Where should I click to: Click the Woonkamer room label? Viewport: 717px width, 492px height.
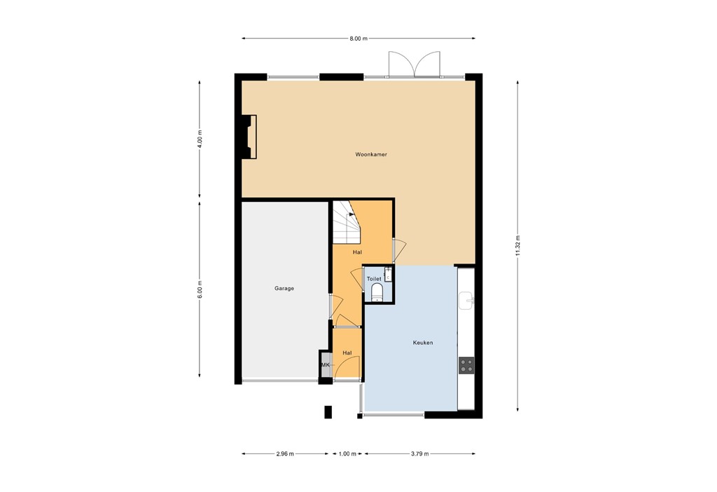point(370,155)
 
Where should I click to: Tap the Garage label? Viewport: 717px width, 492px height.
point(284,288)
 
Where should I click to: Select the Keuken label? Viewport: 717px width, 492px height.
point(422,343)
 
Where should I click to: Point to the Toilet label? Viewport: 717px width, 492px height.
point(373,279)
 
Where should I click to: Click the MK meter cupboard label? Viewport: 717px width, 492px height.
point(325,365)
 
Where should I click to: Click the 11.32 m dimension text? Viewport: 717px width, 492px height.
point(518,246)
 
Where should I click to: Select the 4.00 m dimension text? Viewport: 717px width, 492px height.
point(200,138)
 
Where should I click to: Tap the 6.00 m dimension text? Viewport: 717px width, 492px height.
point(200,288)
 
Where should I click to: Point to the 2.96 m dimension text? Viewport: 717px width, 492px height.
point(285,454)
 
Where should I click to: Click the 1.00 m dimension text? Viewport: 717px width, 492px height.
point(347,454)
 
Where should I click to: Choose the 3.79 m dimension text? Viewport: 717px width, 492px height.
point(420,454)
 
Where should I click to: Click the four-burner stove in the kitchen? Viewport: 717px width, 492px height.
point(466,364)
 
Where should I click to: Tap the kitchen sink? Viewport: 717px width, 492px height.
point(467,301)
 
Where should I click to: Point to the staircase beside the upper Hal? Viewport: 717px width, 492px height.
point(344,221)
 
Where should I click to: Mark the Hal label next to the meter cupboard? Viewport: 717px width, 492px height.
point(347,353)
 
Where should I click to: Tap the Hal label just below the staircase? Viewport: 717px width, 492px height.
point(357,252)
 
